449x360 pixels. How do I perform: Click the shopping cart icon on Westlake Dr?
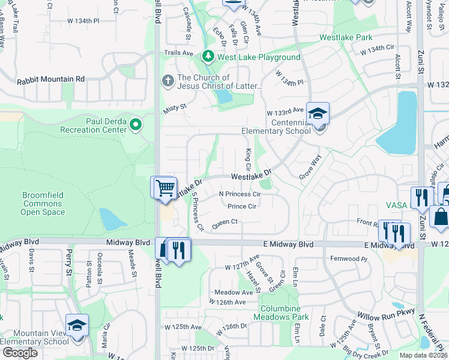coord(164,187)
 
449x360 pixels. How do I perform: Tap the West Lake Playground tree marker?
coord(208,56)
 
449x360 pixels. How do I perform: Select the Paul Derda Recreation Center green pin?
coord(136,124)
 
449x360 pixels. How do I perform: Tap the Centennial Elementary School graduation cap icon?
coord(317,112)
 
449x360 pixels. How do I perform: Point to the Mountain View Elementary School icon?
coord(77,325)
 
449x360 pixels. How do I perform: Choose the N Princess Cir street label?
coord(240,194)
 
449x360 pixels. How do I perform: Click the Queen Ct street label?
coord(225,222)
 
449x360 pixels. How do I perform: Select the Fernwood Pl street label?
coord(348,259)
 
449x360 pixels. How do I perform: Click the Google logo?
coord(20,353)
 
